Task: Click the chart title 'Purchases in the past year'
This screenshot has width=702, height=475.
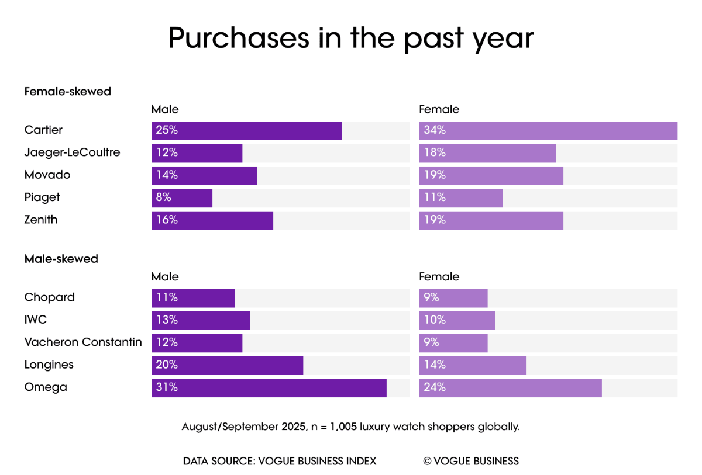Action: pos(350,39)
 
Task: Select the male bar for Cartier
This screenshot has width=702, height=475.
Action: pos(246,131)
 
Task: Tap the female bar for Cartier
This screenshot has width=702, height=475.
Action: pos(548,131)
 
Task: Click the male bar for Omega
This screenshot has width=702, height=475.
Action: pos(269,388)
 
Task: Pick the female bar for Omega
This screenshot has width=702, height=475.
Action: pos(510,388)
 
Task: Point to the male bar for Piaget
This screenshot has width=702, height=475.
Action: pos(182,198)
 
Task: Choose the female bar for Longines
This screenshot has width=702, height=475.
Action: pos(472,365)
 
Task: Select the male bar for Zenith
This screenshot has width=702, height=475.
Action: pos(212,220)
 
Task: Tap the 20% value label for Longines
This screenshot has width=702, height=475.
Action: pos(166,365)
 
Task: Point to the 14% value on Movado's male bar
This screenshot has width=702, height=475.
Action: pos(166,175)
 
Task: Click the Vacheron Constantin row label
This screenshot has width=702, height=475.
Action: pos(83,342)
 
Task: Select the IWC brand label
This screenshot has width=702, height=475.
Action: pos(35,320)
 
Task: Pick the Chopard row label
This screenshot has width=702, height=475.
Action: pos(50,297)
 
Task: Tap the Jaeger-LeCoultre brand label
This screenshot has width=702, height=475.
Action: pos(73,152)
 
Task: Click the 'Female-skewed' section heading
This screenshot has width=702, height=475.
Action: pos(68,92)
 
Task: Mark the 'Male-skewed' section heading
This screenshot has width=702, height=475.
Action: pos(61,259)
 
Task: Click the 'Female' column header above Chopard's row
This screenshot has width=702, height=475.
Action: pos(439,277)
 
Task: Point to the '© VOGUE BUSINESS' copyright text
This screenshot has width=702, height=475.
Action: pos(471,461)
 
